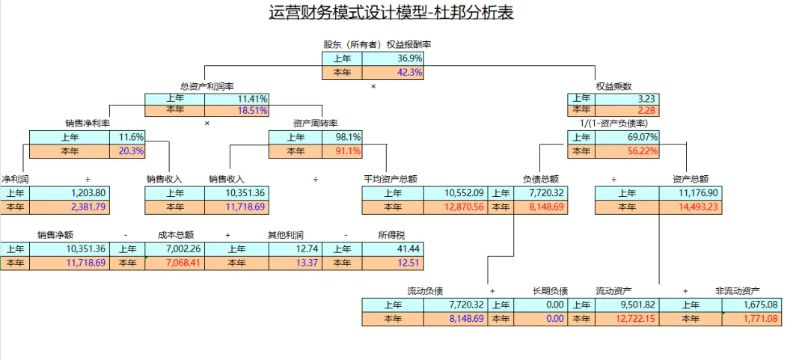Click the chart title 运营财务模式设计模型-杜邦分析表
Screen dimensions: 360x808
pyautogui.click(x=391, y=13)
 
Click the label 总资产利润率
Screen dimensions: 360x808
pyautogui.click(x=201, y=87)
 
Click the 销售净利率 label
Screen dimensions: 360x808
pyautogui.click(x=88, y=123)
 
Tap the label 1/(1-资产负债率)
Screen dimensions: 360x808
pyautogui.click(x=613, y=123)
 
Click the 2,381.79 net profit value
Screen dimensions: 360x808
pyautogui.click(x=88, y=207)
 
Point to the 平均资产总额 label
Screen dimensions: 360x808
pyautogui.click(x=390, y=180)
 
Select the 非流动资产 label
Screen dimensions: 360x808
pyautogui.click(x=737, y=290)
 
